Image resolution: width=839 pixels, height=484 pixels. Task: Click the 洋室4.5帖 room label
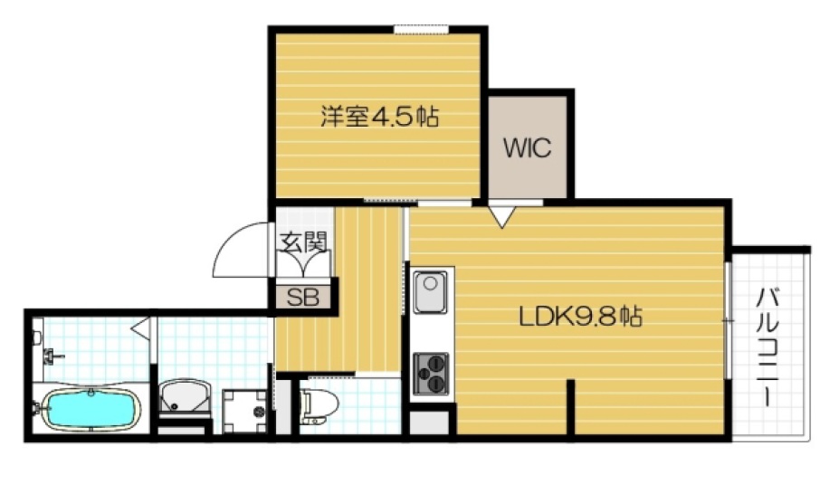[x=379, y=117]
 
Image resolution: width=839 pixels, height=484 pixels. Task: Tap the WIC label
[x=528, y=148]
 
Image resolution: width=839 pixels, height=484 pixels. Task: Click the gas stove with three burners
[x=432, y=371]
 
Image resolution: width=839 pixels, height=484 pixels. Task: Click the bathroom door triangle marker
[x=140, y=326]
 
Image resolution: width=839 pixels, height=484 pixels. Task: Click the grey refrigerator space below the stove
[x=431, y=422]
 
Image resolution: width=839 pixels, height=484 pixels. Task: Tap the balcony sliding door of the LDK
[x=727, y=321]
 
